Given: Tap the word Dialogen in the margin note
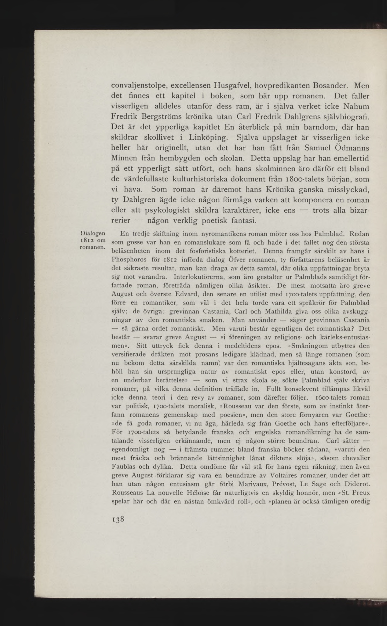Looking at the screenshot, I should click(x=93, y=233).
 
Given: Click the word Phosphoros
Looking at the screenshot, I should click(x=129, y=260).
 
